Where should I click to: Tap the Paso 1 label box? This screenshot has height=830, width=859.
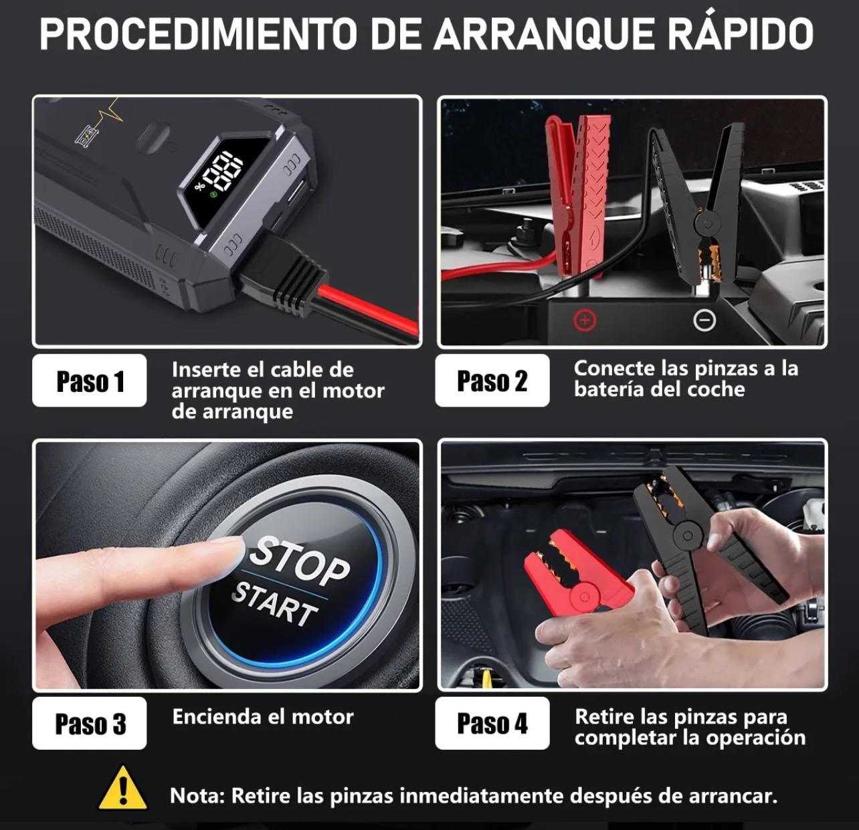click(x=89, y=381)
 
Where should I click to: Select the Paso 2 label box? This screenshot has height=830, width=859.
click(x=492, y=381)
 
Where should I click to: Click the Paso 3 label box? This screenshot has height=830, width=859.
click(x=89, y=723)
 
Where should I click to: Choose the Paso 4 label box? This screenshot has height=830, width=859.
click(x=492, y=723)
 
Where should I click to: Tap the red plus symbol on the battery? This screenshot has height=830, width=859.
click(x=585, y=320)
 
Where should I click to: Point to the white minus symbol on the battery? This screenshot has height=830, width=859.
click(x=704, y=320)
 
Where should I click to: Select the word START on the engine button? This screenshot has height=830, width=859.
click(x=274, y=605)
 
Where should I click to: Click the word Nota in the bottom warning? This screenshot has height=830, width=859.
click(x=197, y=795)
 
